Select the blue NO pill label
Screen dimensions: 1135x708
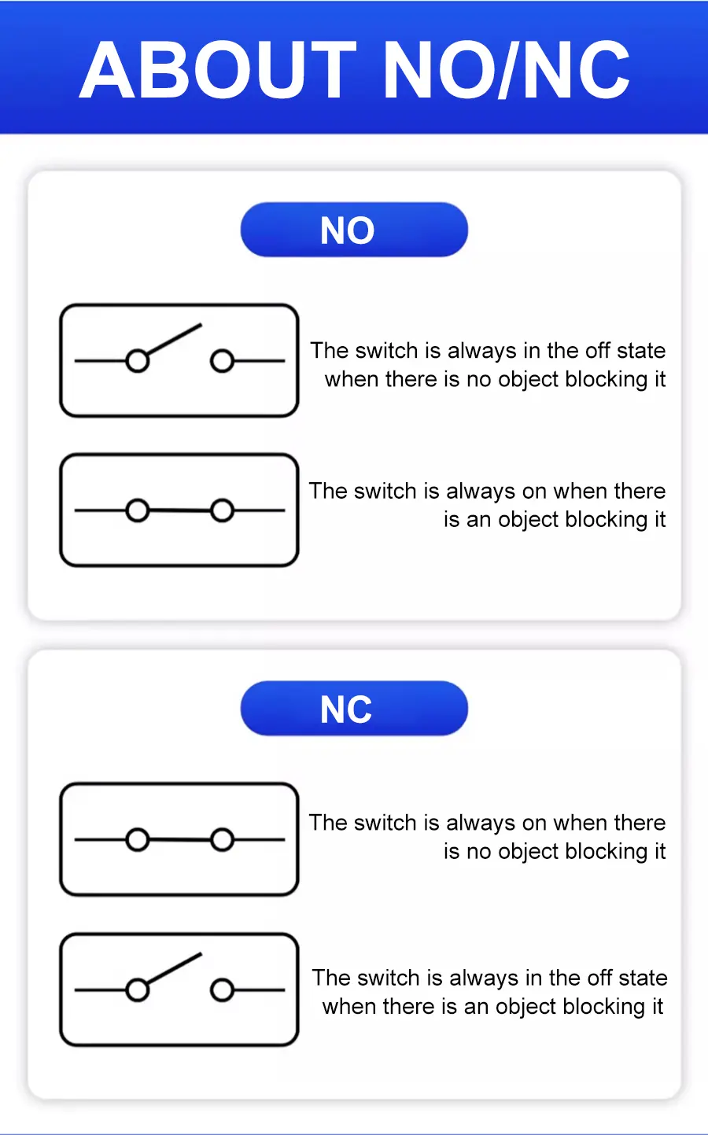(354, 230)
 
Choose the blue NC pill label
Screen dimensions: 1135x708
(354, 709)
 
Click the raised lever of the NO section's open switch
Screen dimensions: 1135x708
(173, 340)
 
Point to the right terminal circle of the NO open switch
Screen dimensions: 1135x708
(222, 361)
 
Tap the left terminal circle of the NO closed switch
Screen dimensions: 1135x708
(138, 510)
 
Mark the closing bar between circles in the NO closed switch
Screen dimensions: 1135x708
(179, 511)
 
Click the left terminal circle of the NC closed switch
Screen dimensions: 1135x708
(138, 840)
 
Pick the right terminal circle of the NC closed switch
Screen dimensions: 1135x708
(222, 840)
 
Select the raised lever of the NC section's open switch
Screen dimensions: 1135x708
(173, 969)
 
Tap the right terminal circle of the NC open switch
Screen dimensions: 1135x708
(222, 989)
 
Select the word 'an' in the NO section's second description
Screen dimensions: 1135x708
(478, 520)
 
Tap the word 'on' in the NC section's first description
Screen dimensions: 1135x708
(534, 823)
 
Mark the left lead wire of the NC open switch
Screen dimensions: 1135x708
(101, 989)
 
